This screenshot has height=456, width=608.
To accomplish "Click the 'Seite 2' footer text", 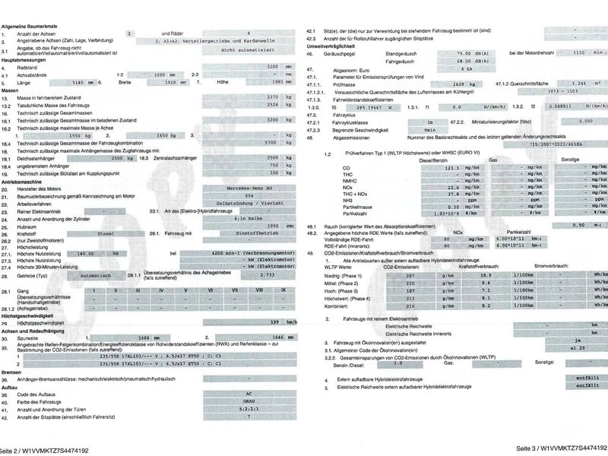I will pyautogui.click(x=45, y=450).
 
